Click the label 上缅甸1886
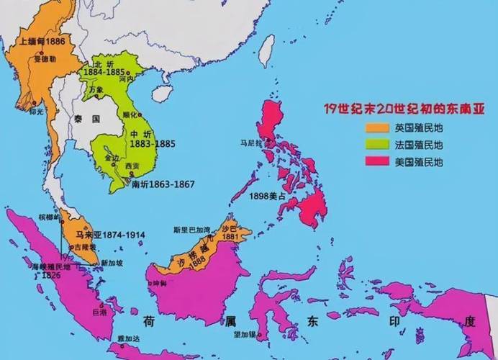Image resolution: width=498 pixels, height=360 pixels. (x=44, y=42)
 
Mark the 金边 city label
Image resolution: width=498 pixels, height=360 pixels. (x=113, y=157)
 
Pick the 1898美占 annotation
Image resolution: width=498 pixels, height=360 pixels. (x=266, y=196)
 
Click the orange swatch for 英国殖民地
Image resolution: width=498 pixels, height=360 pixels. (x=376, y=127)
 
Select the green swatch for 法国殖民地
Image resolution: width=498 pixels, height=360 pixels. (x=376, y=145)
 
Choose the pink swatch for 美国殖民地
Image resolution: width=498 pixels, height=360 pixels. (x=376, y=162)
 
